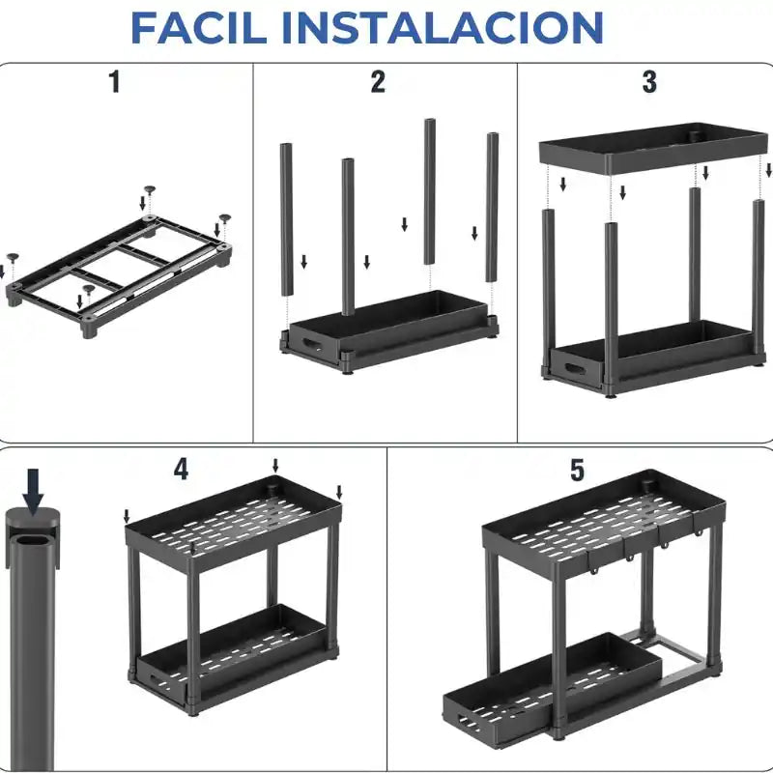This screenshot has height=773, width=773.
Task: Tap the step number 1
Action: click(115, 82)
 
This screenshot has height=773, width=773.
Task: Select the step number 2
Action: click(378, 82)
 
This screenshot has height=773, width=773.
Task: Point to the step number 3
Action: click(649, 82)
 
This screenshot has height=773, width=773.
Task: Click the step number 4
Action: click(181, 470)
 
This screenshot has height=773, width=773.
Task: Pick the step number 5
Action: click(577, 471)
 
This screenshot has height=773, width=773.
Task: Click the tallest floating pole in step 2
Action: click(429, 190)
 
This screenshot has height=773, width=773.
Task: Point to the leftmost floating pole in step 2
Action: click(286, 218)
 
